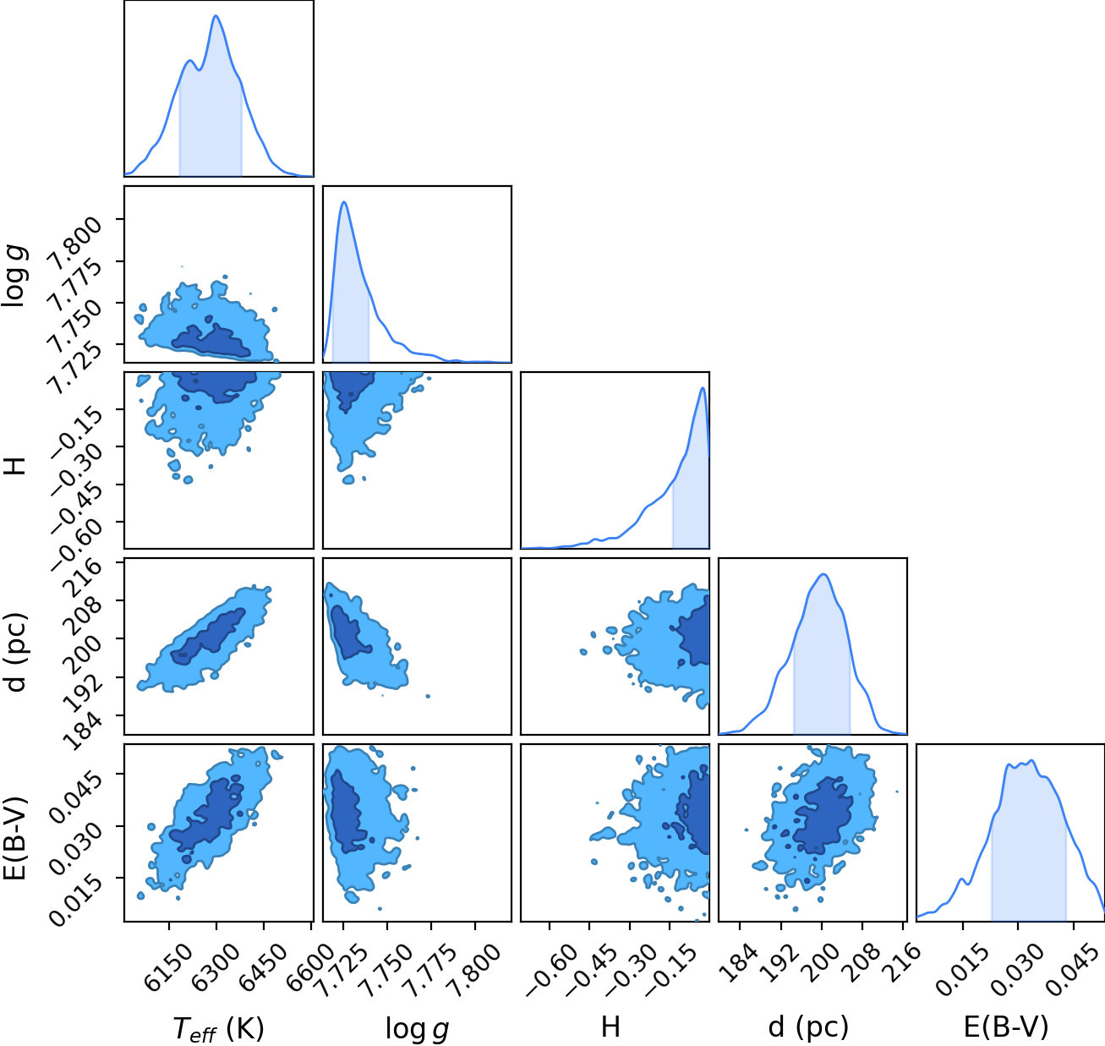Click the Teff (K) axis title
click(218, 1028)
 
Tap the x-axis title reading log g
click(417, 1029)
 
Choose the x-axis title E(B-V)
click(1006, 1027)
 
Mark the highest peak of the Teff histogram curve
click(216, 16)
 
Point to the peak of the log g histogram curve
click(344, 202)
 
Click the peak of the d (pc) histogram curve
click(823, 574)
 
